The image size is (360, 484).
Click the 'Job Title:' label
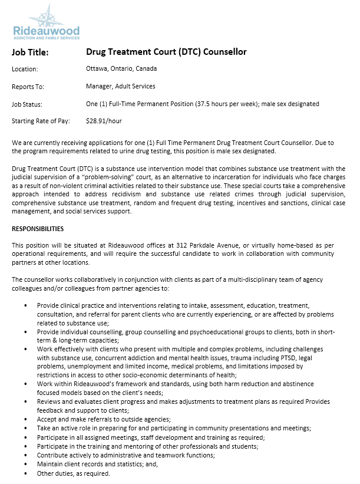click(30, 52)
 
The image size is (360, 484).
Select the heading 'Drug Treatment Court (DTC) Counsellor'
click(166, 52)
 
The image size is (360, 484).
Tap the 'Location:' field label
click(25, 69)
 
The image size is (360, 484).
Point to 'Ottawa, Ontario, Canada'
click(121, 69)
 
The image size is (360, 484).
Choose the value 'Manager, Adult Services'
click(121, 87)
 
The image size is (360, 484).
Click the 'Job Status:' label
click(27, 104)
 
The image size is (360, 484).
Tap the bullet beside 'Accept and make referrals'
click(25, 419)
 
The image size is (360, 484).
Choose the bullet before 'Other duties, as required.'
click(25, 473)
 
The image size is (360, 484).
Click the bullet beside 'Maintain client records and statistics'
click(25, 464)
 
